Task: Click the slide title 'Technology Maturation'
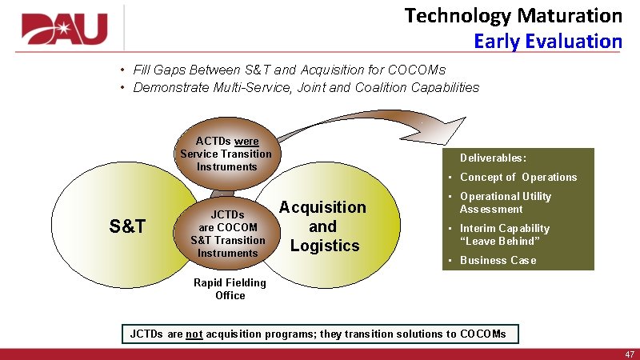pos(513,15)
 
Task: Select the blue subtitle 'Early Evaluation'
pos(547,41)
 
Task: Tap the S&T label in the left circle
pos(127,226)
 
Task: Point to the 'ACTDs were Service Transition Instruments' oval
pos(226,154)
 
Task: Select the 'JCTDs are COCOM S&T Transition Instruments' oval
pos(227,234)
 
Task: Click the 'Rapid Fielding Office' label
pos(230,289)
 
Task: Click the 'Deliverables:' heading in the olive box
pos(493,158)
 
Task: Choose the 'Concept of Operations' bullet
pos(518,177)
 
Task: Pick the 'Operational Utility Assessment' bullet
pos(505,202)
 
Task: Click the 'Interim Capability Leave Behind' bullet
pos(504,234)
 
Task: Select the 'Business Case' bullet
pos(498,260)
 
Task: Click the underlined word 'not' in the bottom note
pos(194,334)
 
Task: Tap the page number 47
pos(630,354)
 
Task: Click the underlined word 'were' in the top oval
pos(246,141)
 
